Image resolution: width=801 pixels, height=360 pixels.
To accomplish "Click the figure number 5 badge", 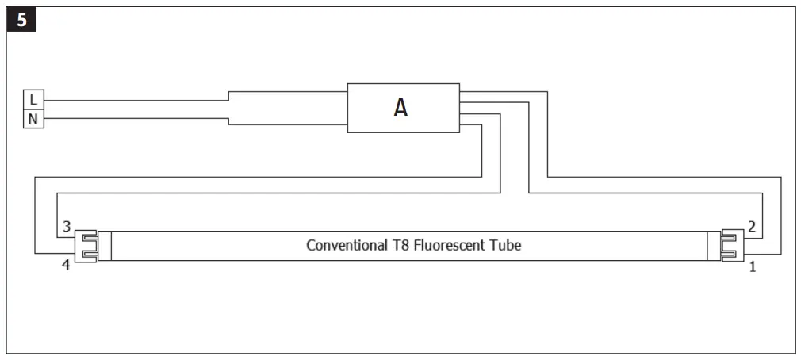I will [x=21, y=21].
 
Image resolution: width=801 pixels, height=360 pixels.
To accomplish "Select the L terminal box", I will [x=33, y=100].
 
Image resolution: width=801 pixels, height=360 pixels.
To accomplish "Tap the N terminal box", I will [x=33, y=119].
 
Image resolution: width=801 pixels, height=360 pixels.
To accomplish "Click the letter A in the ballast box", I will [x=401, y=109].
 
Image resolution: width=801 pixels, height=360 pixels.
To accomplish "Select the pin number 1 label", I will [x=752, y=267].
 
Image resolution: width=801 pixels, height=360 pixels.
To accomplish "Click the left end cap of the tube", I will [x=104, y=246].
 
